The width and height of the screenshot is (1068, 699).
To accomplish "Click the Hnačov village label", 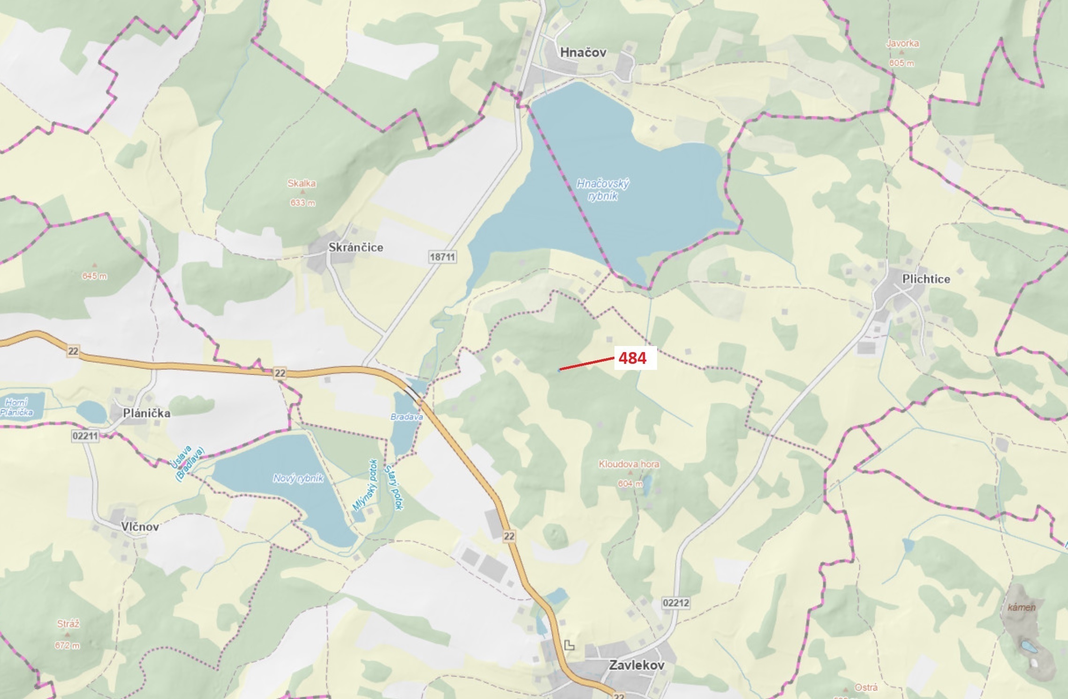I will coord(583,52).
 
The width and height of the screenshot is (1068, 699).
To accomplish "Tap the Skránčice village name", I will coord(356,247).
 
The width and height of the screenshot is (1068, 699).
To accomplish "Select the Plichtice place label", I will coord(926,279).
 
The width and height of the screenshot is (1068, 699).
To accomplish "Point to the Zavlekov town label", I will coord(636,665).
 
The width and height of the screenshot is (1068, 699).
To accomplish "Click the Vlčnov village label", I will coord(140,526).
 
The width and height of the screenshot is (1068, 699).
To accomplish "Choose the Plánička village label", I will coord(146,413).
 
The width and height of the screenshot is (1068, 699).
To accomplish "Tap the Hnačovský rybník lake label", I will coord(603,190).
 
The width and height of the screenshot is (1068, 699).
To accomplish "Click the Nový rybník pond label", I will coord(298,478).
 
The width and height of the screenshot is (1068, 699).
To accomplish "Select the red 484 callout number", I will coord(632,358).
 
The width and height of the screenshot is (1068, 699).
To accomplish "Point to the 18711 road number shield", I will coord(442,257).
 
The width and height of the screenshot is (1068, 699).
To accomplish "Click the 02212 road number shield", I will coord(676,603).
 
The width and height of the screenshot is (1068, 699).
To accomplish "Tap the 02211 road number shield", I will coord(85,436).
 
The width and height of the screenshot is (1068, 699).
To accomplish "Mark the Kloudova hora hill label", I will coord(629,464).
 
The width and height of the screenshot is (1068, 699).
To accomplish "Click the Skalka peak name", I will coord(302,183).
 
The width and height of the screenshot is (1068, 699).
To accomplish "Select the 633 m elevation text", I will coord(303,203).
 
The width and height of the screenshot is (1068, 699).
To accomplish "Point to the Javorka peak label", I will coord(902,43).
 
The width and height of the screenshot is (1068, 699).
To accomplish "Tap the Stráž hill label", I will coord(68,624).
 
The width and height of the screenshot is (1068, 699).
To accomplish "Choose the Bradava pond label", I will coord(406,416).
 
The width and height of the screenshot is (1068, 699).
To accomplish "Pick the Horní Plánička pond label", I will coord(17,407).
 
